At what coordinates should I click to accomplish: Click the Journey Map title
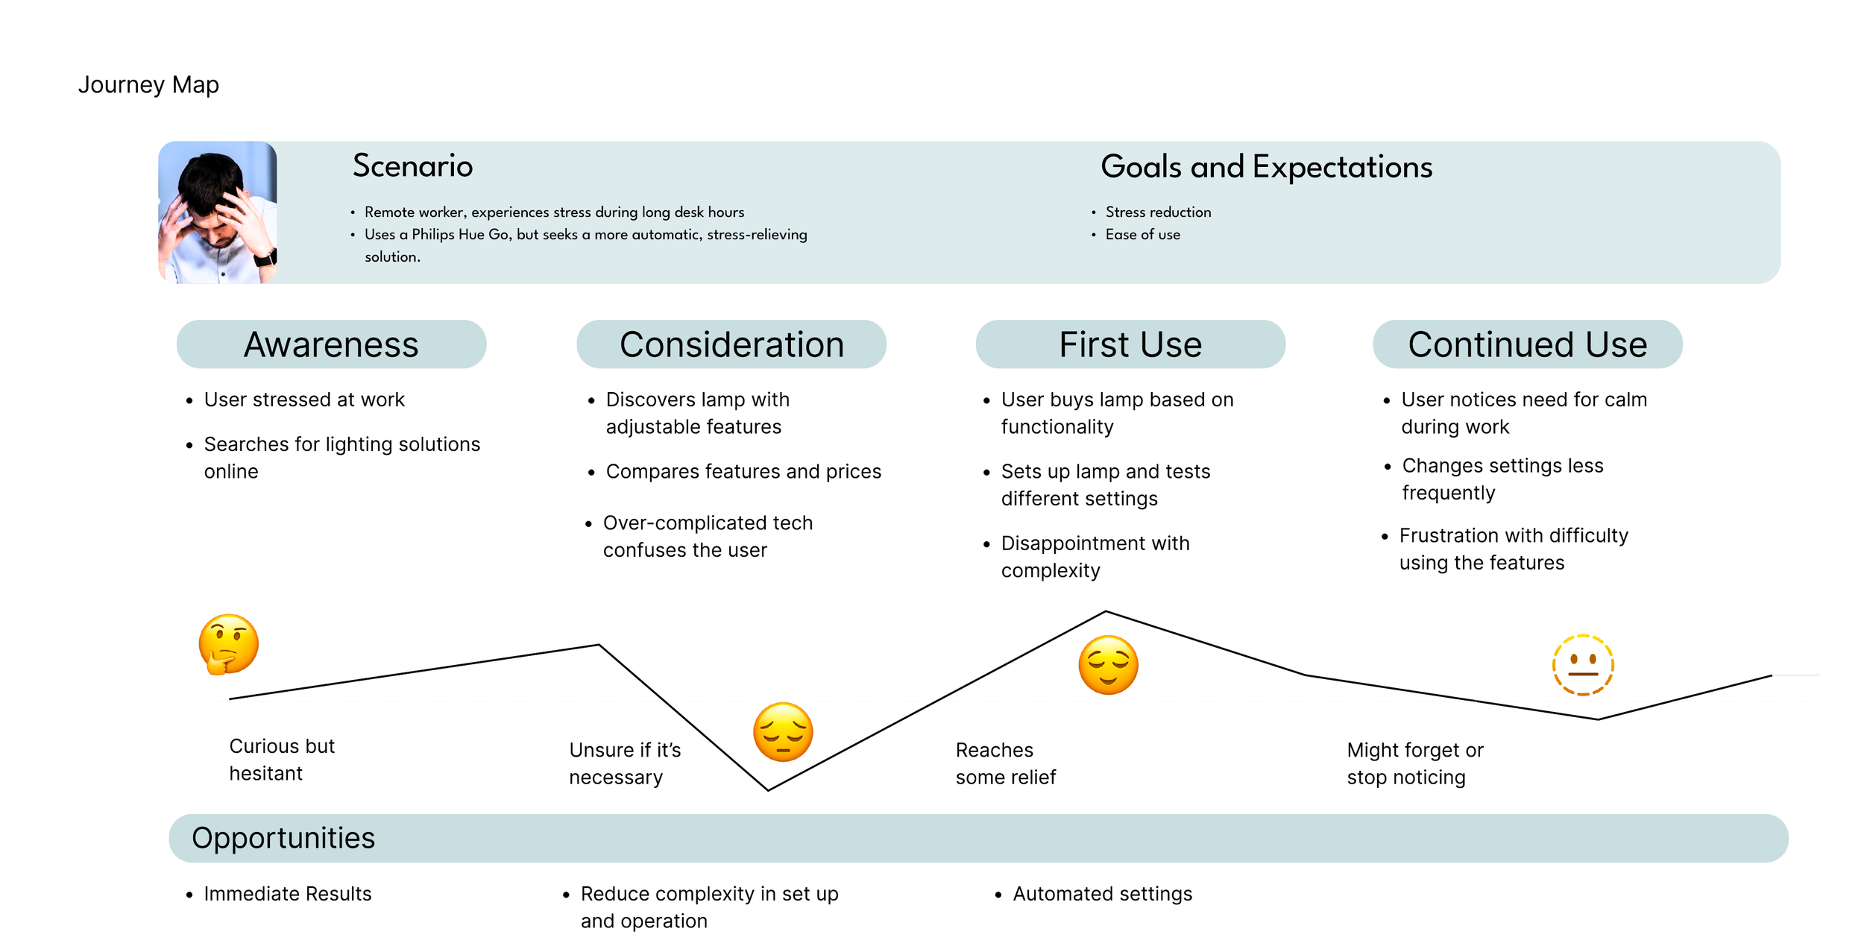(148, 85)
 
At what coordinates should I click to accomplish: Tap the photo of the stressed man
(217, 212)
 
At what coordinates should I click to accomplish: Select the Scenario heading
(412, 165)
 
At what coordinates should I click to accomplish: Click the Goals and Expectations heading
(1266, 167)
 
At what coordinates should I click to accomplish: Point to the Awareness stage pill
(331, 344)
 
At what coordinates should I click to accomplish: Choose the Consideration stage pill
(731, 344)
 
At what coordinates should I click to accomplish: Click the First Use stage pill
(1130, 344)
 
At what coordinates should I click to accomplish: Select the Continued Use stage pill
(1527, 344)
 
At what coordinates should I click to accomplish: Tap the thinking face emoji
(228, 644)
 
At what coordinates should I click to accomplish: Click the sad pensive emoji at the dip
(782, 731)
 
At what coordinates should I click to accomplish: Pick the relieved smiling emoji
(1108, 665)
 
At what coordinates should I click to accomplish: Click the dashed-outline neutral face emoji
(1582, 664)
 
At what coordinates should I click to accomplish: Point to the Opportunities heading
(283, 838)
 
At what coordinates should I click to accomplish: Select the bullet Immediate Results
(287, 894)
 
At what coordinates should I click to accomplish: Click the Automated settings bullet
(1102, 894)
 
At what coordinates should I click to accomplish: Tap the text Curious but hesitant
(281, 760)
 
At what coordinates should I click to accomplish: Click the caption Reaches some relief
(1005, 763)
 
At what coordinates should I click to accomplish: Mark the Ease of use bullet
(1142, 235)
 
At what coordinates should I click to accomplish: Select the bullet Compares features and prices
(743, 472)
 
